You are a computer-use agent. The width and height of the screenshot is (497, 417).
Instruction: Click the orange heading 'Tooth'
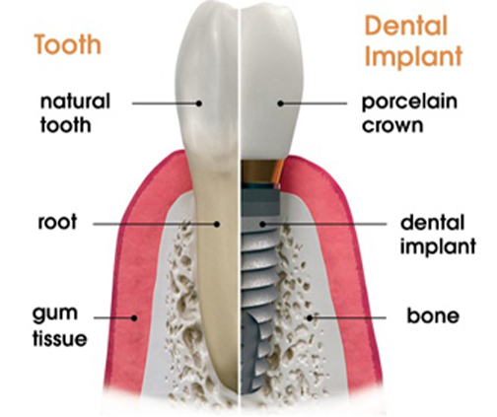click(x=68, y=44)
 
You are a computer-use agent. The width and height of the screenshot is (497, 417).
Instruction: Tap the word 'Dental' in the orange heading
click(x=406, y=26)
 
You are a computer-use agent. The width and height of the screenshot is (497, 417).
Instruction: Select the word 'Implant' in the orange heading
click(x=414, y=56)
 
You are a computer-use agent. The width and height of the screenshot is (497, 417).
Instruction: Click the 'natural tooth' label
click(x=75, y=113)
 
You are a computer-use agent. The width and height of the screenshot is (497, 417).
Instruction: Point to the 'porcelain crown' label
click(x=409, y=113)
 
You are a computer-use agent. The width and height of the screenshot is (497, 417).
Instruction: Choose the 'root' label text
click(x=57, y=222)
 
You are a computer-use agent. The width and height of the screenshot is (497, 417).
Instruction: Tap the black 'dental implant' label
click(x=438, y=235)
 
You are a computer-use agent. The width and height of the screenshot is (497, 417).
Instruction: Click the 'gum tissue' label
click(x=59, y=326)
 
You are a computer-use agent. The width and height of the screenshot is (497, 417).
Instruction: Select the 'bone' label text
click(x=433, y=315)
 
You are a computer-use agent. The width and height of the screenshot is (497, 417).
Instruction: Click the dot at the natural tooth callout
click(x=199, y=104)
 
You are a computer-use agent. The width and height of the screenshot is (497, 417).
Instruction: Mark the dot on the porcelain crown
click(x=280, y=104)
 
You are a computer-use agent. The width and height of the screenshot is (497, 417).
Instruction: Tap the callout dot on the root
click(x=217, y=224)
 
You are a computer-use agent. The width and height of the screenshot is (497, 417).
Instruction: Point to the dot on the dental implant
click(x=262, y=224)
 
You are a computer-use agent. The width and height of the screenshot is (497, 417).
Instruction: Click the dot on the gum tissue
click(x=134, y=317)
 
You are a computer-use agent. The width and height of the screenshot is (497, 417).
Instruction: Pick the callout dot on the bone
click(x=310, y=317)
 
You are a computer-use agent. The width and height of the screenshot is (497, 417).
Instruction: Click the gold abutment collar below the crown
click(x=262, y=171)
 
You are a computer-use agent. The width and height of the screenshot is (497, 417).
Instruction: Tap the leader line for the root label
click(x=155, y=224)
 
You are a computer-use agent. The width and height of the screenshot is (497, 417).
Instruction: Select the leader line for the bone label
click(x=348, y=317)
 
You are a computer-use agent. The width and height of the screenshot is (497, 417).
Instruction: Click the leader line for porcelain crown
click(x=314, y=104)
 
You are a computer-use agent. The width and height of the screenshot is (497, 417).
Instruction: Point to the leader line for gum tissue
click(x=113, y=317)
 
